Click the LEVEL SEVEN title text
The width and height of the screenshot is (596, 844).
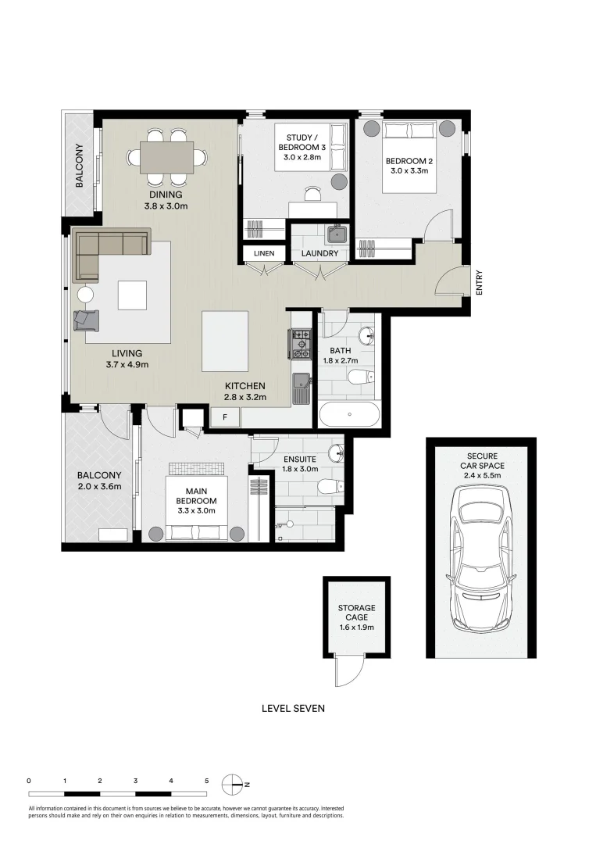tap(293, 709)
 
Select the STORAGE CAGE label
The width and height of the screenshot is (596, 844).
tap(356, 612)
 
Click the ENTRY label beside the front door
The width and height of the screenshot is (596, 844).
tap(479, 282)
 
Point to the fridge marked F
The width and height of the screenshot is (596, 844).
tap(226, 417)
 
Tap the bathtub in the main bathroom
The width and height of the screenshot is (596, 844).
tap(348, 414)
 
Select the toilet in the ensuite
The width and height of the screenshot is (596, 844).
tap(329, 487)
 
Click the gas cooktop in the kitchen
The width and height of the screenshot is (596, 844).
tap(301, 343)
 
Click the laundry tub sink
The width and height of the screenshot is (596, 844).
tap(337, 233)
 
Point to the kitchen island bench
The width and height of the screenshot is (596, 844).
tap(225, 342)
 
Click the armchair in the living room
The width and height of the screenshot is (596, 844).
tap(86, 319)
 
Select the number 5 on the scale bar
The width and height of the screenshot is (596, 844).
tap(206, 780)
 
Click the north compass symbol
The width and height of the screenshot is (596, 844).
tap(233, 784)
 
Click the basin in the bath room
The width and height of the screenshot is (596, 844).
tap(366, 336)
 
